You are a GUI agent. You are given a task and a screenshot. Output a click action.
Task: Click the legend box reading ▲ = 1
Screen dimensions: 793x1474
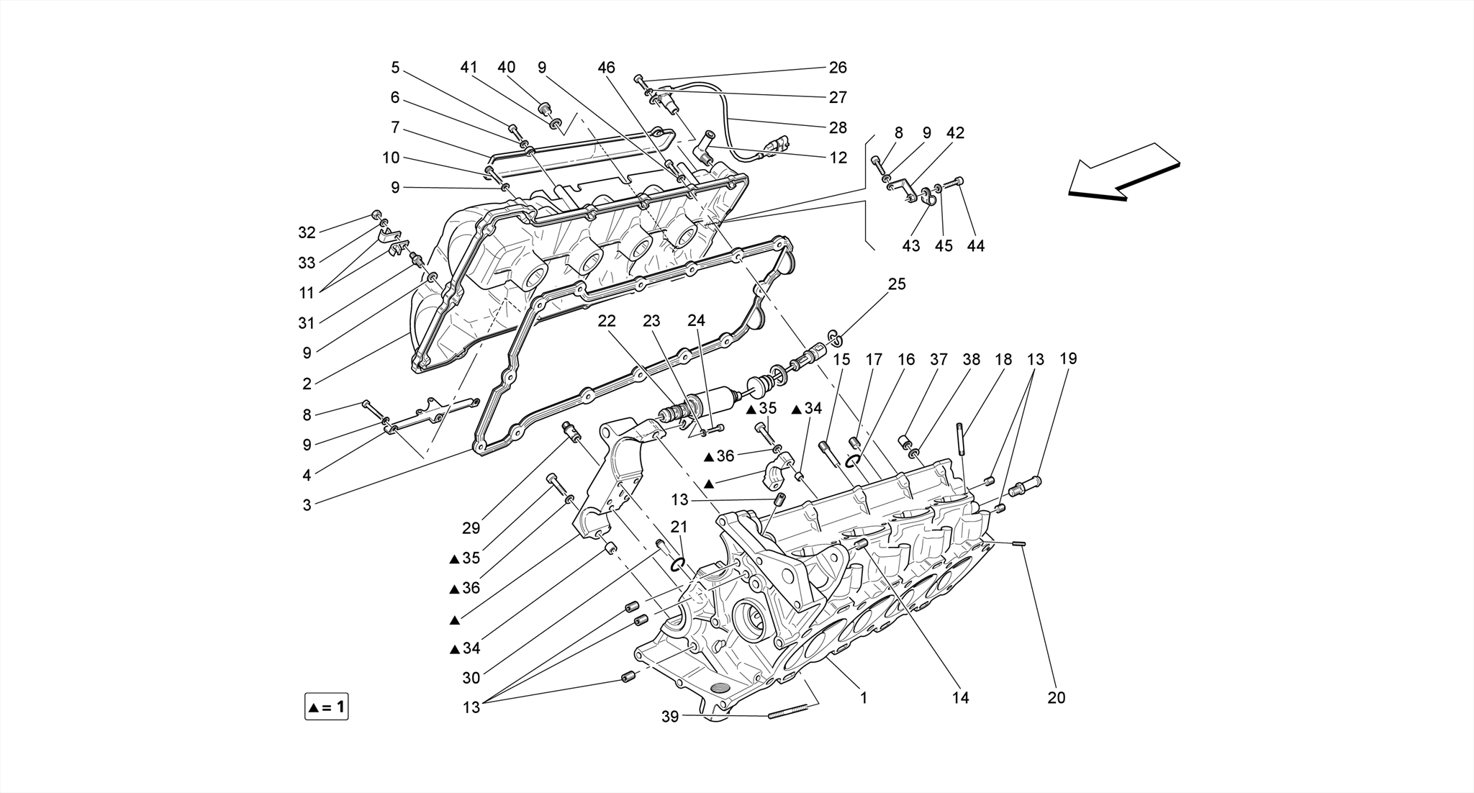point(327,707)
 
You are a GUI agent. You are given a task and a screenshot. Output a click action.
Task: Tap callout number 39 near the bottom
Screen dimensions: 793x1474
point(670,716)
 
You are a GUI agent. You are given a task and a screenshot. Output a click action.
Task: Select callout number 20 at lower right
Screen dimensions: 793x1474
point(1056,697)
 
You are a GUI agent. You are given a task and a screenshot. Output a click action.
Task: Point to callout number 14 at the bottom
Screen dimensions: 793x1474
point(961,697)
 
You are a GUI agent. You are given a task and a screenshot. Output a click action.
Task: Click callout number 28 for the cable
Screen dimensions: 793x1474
point(838,127)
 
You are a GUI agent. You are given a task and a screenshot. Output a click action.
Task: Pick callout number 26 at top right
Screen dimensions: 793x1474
point(838,67)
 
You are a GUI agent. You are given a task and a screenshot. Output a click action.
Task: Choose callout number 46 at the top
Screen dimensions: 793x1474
point(606,67)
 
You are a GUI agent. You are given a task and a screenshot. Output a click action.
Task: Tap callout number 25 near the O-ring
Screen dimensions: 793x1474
point(897,284)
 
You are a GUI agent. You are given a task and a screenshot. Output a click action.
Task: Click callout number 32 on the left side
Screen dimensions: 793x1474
point(307,232)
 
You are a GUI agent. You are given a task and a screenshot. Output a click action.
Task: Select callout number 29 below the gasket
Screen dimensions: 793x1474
point(471,528)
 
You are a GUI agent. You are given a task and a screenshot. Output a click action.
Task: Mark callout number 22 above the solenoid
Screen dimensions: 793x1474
point(607,320)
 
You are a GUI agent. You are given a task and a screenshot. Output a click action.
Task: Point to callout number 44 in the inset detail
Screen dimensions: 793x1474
point(975,245)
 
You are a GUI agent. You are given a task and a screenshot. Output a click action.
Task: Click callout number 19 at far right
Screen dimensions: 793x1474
point(1068,358)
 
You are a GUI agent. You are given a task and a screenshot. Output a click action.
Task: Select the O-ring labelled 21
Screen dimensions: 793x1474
point(677,565)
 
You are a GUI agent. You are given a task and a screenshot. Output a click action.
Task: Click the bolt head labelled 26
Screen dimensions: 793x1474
point(638,78)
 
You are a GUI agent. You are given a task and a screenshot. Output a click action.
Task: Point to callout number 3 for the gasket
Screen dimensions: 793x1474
point(307,505)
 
